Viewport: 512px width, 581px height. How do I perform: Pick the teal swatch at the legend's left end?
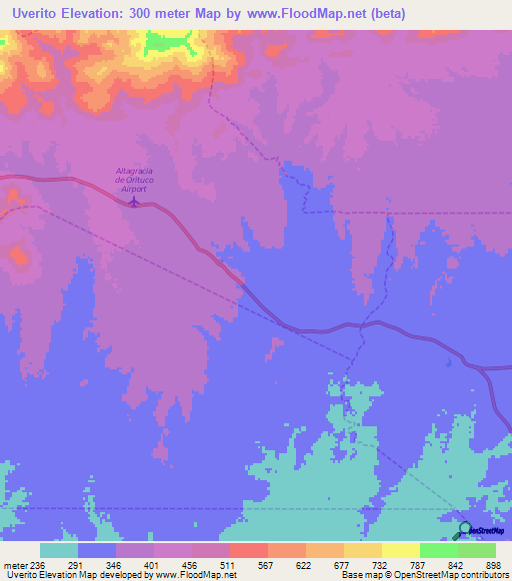[x=59, y=550]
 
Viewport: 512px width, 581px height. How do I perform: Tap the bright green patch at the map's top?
[x=168, y=42]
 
